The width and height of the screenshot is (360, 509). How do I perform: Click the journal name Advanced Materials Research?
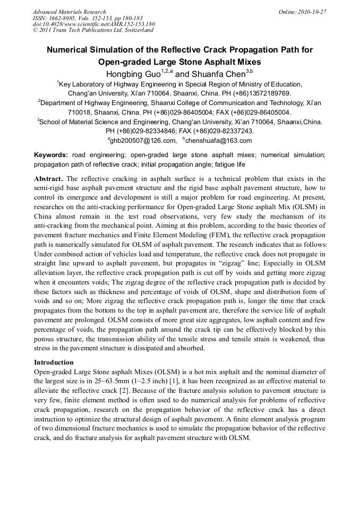click(x=69, y=12)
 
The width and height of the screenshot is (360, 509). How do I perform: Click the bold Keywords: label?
click(x=51, y=155)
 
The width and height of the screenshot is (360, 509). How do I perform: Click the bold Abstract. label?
click(x=48, y=179)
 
